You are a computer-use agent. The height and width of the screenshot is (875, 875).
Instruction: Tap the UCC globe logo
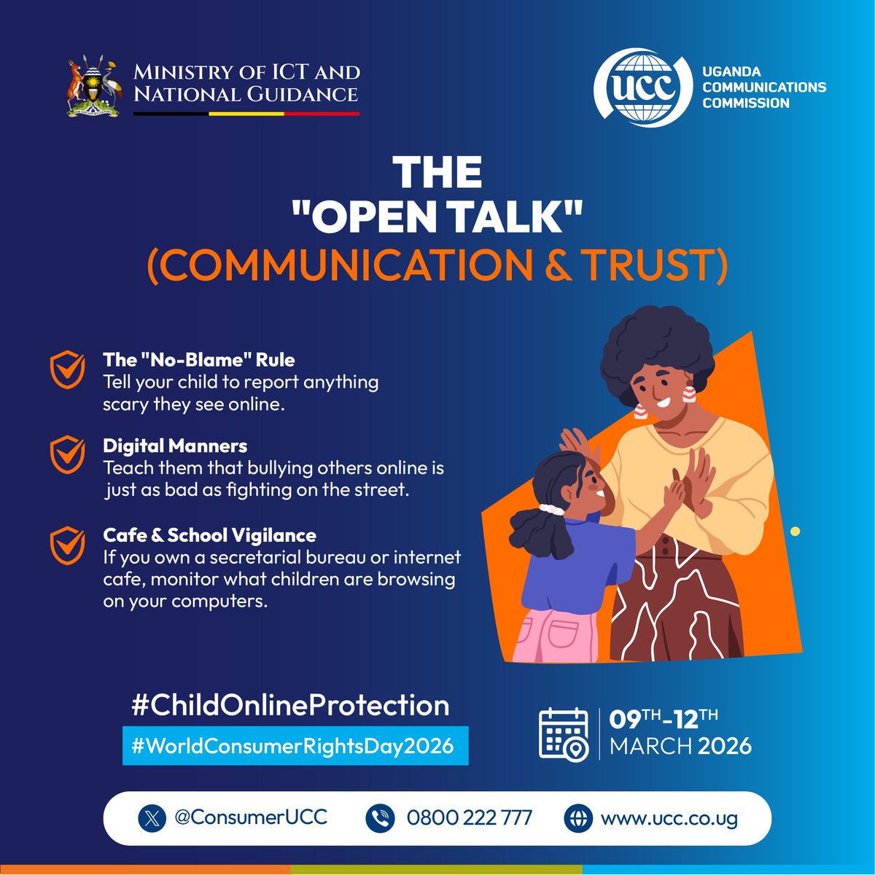pyautogui.click(x=642, y=87)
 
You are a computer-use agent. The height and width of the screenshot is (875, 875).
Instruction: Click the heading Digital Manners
pyautogui.click(x=175, y=446)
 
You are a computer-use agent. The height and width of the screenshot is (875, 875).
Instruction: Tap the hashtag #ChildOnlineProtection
pyautogui.click(x=289, y=705)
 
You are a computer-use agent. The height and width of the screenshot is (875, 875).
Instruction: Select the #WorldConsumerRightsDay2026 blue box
pyautogui.click(x=295, y=746)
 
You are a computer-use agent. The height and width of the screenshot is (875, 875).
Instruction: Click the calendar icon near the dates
pyautogui.click(x=564, y=734)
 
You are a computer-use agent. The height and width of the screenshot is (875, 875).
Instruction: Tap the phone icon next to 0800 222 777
pyautogui.click(x=380, y=818)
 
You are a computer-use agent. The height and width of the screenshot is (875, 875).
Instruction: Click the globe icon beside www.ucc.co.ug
pyautogui.click(x=578, y=818)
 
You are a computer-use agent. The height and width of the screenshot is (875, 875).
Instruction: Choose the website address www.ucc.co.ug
pyautogui.click(x=669, y=818)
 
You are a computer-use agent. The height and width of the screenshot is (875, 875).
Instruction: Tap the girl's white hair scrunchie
pyautogui.click(x=552, y=508)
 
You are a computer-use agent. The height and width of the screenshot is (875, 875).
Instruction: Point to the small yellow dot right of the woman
pyautogui.click(x=795, y=532)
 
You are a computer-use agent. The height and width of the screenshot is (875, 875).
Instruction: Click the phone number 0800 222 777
pyautogui.click(x=470, y=818)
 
